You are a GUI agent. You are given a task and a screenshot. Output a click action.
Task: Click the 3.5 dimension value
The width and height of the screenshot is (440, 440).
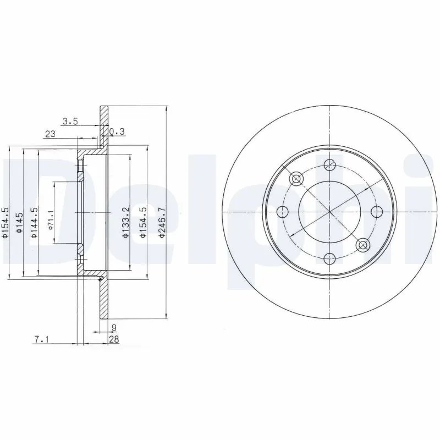[69, 122]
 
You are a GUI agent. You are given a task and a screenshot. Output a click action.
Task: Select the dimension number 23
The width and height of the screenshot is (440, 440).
[50, 133]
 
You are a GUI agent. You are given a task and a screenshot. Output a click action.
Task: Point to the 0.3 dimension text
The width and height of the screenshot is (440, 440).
[117, 131]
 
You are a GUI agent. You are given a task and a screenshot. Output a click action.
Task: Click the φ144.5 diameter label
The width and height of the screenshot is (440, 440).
[34, 223]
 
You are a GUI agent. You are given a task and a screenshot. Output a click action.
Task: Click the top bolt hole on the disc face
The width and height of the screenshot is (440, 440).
[329, 164]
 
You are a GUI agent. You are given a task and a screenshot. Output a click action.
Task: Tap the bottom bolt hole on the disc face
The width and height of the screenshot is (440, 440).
[329, 258]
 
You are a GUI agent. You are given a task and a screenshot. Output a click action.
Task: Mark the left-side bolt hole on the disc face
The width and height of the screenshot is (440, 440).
[282, 211]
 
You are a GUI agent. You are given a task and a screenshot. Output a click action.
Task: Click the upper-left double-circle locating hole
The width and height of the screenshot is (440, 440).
[296, 178]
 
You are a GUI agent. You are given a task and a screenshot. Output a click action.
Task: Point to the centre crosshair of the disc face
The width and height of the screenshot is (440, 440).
[329, 211]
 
